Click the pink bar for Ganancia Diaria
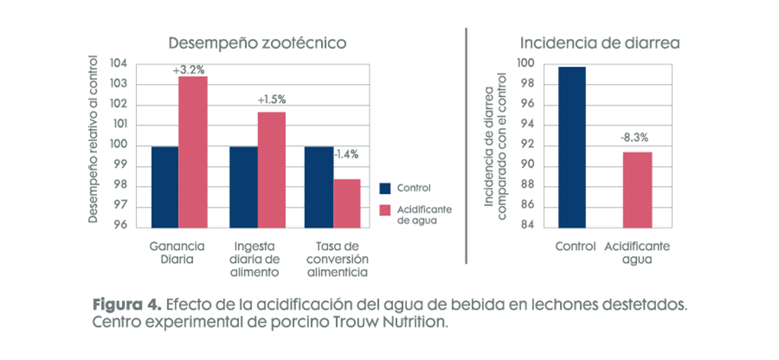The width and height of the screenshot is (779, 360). click(193, 151)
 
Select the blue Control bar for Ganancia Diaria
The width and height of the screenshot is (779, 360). click(164, 186)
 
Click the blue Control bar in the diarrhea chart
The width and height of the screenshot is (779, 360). click(572, 146)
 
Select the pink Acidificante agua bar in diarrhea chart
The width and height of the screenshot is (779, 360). click(636, 189)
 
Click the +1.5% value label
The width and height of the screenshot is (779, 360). click(271, 100)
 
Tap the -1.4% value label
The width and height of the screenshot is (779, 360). click(347, 154)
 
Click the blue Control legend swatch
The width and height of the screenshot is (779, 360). click(386, 188)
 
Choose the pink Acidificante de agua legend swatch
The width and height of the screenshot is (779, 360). click(386, 209)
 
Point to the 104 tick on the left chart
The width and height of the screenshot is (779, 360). click(119, 64)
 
